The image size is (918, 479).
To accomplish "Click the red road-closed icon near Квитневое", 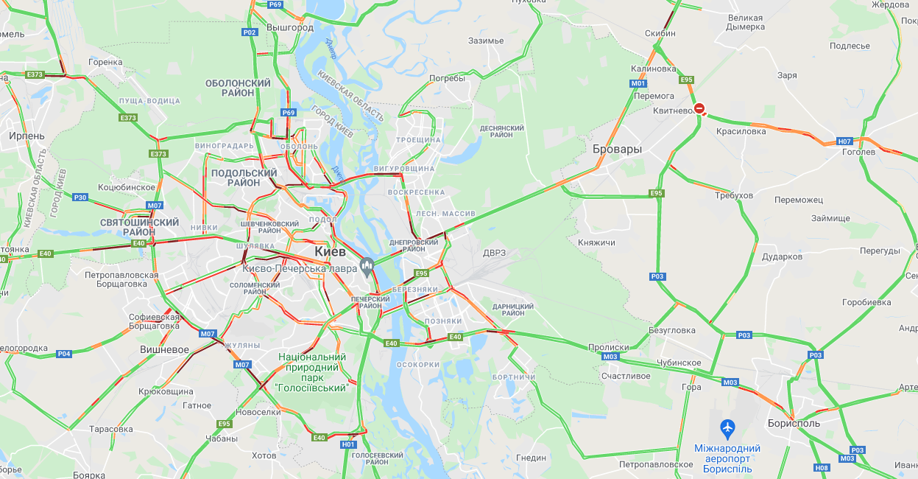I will (x=700, y=109).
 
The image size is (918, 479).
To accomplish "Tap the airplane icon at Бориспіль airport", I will (x=727, y=427).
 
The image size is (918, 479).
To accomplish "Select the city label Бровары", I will (x=617, y=149).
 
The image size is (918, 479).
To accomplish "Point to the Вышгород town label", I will (x=290, y=27).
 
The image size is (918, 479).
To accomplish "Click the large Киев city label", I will (x=330, y=251).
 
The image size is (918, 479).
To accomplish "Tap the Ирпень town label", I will (x=27, y=136).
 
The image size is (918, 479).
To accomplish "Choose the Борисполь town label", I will (x=793, y=424).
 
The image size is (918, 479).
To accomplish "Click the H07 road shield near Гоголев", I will (x=844, y=141).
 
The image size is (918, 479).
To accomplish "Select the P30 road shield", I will (x=80, y=197).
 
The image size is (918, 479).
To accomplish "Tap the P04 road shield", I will (x=64, y=354).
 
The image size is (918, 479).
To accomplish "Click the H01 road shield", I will (x=348, y=444).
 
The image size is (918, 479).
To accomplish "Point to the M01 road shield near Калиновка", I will (x=638, y=83).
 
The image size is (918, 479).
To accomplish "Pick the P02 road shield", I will (x=250, y=32).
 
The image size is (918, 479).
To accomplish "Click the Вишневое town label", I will (x=164, y=349).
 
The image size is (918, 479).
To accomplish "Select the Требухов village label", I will (x=734, y=195).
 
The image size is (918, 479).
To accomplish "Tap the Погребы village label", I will (x=447, y=78).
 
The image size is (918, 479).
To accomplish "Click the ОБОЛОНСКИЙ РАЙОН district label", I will (x=238, y=88).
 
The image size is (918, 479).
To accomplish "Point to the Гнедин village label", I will (x=531, y=458).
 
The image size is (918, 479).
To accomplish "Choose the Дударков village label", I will (x=782, y=256).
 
